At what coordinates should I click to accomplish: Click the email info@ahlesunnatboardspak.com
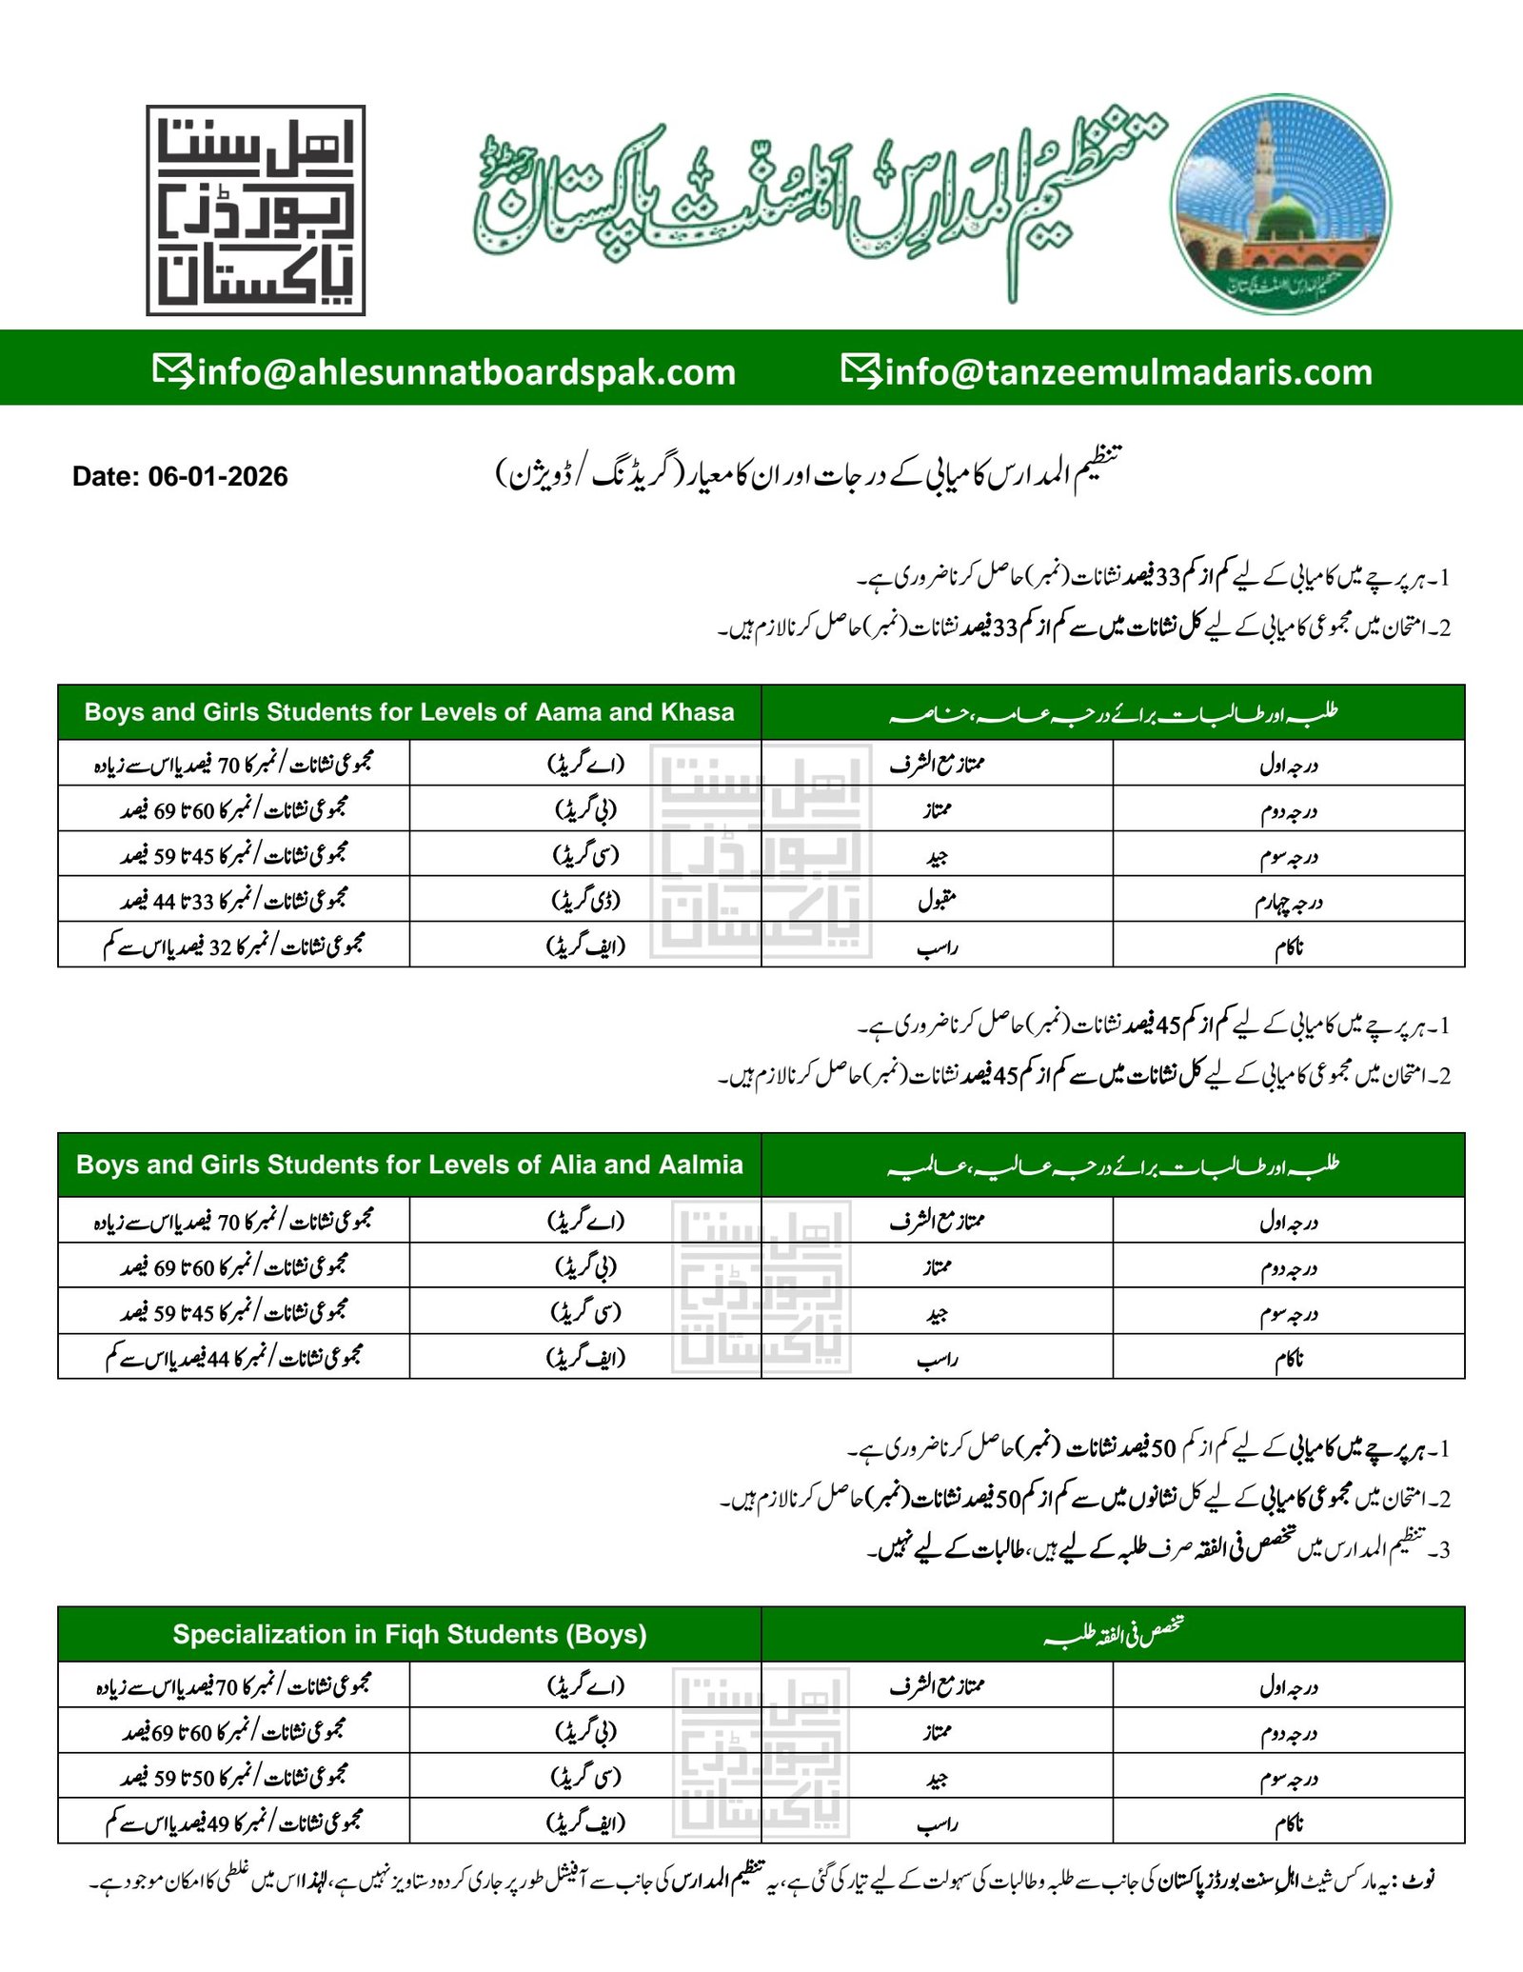pos(466,371)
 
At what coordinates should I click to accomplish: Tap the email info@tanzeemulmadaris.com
pos(1129,371)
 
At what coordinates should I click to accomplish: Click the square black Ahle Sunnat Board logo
pos(256,210)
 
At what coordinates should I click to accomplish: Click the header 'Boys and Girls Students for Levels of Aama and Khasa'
pos(409,712)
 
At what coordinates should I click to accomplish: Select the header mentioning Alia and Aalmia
pos(409,1165)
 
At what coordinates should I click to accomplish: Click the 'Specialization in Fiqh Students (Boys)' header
pos(409,1634)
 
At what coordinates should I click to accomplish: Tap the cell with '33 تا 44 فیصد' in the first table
pos(234,899)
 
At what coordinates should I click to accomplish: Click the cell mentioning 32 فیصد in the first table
pos(234,945)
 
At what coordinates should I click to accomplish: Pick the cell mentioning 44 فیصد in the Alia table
pos(234,1356)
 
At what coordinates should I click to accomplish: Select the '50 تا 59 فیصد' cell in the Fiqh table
pos(234,1776)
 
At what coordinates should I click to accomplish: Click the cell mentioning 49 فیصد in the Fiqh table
pos(234,1822)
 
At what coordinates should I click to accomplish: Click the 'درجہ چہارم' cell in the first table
pos(1288,900)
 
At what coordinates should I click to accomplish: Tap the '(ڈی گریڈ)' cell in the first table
pos(585,899)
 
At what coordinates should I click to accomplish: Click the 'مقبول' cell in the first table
pos(937,900)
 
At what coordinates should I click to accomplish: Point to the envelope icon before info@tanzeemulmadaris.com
pos(860,369)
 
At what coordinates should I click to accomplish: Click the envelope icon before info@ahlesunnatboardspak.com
pos(173,369)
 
